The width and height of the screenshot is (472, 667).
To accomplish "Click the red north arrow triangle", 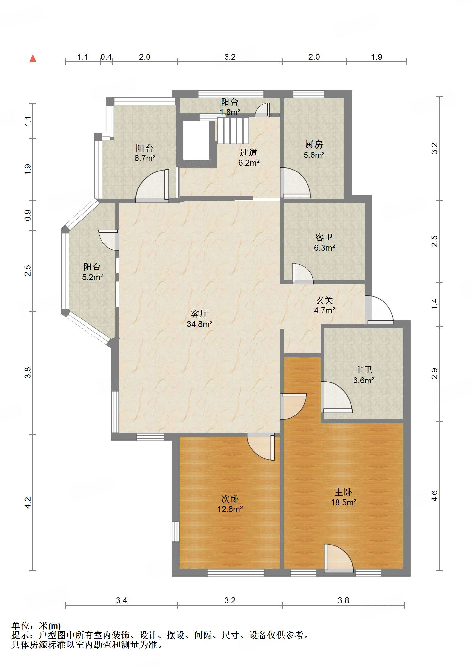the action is coord(33,58).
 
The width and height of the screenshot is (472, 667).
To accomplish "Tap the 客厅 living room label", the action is coord(199,314).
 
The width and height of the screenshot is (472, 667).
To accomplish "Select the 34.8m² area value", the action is coord(199,324).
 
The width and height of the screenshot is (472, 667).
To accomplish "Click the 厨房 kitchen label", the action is coord(314,144).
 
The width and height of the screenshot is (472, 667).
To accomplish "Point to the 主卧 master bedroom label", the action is coord(343,492).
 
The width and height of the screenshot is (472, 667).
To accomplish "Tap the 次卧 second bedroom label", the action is coord(230,499).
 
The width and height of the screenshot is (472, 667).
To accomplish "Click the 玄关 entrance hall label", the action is coord(324,300).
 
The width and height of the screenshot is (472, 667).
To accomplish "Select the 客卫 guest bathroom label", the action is coord(324,237).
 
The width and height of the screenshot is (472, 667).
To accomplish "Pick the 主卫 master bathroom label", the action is coord(364,370).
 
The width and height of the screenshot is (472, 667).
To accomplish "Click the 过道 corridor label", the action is coord(248,153).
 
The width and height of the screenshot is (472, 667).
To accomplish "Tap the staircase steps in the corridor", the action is coord(233,131).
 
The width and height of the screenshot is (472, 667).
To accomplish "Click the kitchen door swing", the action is coord(295,183).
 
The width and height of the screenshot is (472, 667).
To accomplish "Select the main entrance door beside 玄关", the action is coord(379,310).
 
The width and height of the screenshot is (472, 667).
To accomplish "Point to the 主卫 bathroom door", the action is coord(336,397).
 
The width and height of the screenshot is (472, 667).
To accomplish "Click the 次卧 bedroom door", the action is coord(261,447).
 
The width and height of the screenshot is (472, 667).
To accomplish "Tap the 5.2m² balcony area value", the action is coord(92,277).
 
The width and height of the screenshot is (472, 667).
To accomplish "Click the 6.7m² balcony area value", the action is coord(145,158).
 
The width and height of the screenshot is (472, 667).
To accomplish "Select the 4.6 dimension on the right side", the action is coord(434,496).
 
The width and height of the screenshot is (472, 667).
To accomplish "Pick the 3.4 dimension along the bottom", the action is coord(121,600).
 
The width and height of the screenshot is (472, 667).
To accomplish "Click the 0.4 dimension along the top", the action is coord(106,57).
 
